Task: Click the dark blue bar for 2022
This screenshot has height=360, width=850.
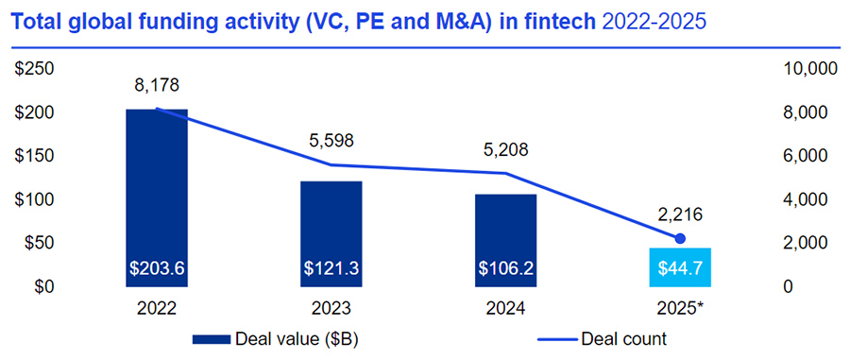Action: [157, 189]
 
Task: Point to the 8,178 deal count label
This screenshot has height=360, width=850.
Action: [157, 87]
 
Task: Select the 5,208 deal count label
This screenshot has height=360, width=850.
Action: [505, 149]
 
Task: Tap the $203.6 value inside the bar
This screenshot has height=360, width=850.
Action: [157, 269]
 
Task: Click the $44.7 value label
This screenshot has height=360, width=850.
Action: [680, 269]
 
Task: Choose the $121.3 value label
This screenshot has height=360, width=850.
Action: [331, 269]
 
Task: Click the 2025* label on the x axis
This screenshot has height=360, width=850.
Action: [680, 310]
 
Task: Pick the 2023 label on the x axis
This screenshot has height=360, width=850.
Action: [331, 310]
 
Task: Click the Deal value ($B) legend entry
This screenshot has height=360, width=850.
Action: [274, 338]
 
